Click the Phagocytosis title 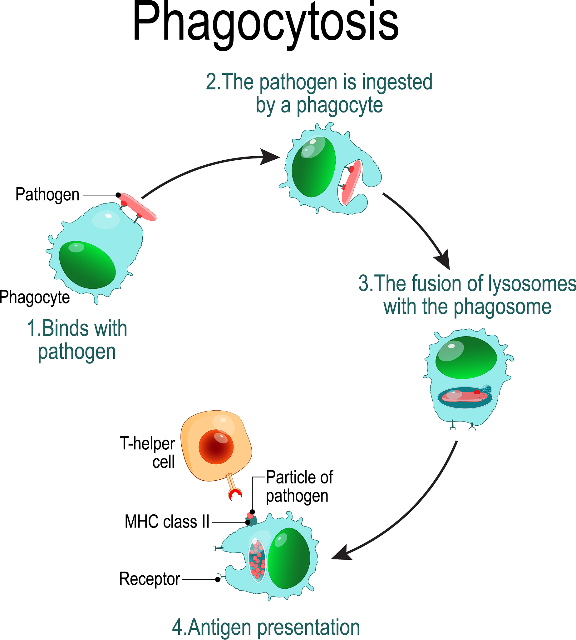click(x=265, y=24)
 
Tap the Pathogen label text click(x=47, y=195)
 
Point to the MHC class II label click(x=167, y=522)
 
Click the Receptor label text click(x=150, y=579)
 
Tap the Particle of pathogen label click(x=299, y=487)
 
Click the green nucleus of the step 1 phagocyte click(x=87, y=265)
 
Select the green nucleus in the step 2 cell click(x=313, y=167)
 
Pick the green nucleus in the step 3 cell click(x=466, y=357)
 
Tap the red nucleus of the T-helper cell click(x=216, y=447)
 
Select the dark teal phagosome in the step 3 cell click(x=465, y=398)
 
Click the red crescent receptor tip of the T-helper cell click(x=235, y=494)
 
